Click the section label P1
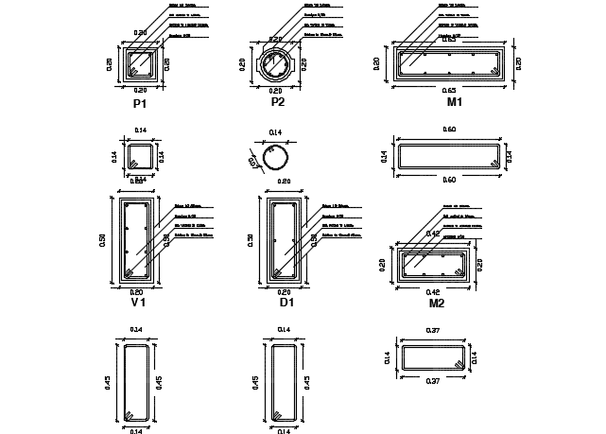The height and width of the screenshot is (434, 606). click(140, 103)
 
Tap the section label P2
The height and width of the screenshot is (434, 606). click(278, 102)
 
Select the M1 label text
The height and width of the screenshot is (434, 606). click(455, 101)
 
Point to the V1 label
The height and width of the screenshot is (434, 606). click(138, 304)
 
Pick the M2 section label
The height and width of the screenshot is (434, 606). click(436, 304)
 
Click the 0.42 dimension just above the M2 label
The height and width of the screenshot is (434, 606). click(435, 292)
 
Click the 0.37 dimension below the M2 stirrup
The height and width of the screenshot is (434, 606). click(434, 380)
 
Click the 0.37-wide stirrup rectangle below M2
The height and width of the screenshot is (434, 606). click(434, 356)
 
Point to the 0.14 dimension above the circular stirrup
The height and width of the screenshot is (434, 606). click(275, 131)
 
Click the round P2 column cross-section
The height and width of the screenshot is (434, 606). click(279, 64)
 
